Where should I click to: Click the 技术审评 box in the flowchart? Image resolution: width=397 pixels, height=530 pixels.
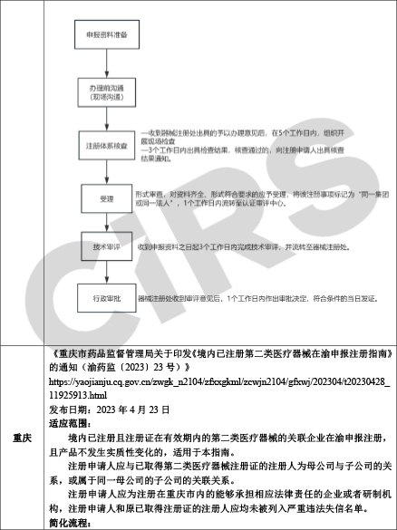pos(102,246)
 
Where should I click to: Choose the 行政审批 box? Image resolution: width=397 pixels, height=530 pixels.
pos(102,297)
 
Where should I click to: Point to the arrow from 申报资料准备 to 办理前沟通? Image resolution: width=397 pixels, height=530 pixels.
pos(102,65)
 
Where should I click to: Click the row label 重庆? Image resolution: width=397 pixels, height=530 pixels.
pos(23,437)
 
